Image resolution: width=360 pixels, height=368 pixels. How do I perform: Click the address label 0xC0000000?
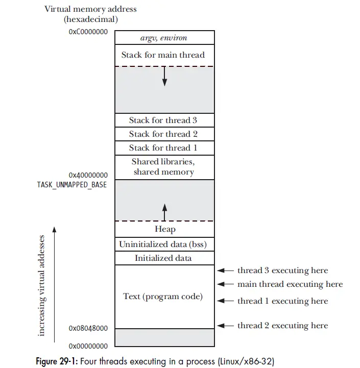tap(88, 31)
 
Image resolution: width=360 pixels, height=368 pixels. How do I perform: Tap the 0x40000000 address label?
tap(88, 175)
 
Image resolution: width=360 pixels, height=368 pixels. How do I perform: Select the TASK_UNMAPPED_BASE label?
tap(72, 184)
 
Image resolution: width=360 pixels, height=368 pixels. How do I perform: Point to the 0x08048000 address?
tap(88, 329)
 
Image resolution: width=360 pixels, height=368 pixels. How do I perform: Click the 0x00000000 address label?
tap(88, 346)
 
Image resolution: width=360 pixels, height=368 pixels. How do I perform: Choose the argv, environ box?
tap(163, 38)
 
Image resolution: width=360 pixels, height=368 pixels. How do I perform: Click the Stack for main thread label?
tap(163, 55)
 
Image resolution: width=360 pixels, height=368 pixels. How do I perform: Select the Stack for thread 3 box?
tap(163, 120)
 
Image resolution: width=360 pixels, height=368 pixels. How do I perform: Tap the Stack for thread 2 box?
tap(163, 134)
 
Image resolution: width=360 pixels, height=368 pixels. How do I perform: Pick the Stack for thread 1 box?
tap(163, 148)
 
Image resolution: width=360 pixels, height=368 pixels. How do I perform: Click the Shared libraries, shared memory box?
tap(163, 167)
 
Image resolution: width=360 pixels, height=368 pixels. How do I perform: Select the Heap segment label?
tap(165, 229)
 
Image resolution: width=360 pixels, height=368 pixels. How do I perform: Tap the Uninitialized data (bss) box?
tap(163, 244)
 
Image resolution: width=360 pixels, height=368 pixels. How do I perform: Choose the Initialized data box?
tap(163, 258)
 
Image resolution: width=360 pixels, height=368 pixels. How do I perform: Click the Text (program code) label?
tap(163, 297)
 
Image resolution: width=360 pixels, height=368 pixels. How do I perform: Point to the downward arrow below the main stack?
tap(164, 76)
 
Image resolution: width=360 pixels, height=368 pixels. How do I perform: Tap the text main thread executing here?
tap(290, 284)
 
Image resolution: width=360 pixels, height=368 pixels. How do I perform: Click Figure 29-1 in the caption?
tap(57, 361)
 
